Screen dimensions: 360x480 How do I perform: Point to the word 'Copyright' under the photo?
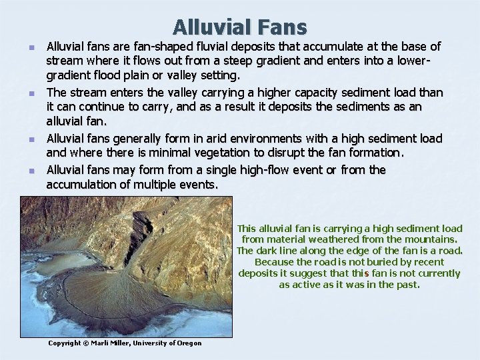pyautogui.click(x=65, y=343)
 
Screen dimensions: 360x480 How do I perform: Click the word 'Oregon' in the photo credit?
pyautogui.click(x=188, y=343)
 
